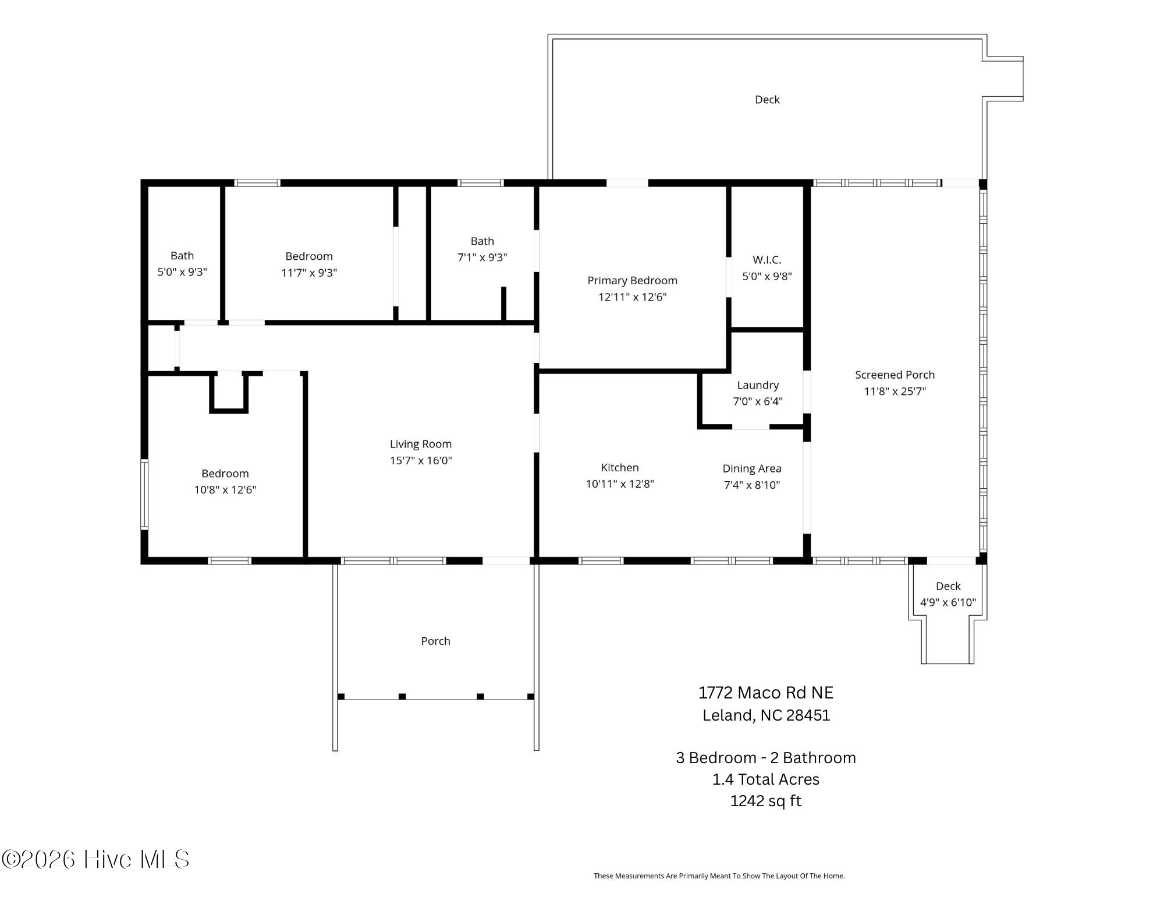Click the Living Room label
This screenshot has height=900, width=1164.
(420, 444)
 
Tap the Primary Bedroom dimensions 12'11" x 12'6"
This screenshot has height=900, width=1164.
(632, 297)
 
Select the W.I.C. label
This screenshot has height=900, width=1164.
(766, 260)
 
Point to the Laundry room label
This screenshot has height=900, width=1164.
(757, 385)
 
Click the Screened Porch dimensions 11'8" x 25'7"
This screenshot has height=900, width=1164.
(895, 391)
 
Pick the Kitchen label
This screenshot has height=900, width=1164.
(619, 468)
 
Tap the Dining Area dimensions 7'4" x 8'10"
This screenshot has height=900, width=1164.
(751, 485)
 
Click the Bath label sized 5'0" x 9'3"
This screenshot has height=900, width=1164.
(182, 256)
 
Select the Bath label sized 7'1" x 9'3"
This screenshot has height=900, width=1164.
(482, 241)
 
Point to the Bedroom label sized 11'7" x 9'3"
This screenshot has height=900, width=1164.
(308, 256)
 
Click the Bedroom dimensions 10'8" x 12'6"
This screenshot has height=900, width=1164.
(225, 490)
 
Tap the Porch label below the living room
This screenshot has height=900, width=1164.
(435, 641)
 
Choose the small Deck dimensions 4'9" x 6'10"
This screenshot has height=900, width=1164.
(947, 602)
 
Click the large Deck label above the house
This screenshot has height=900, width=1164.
(766, 100)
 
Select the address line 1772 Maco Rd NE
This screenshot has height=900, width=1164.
(765, 693)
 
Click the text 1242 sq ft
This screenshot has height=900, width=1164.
(765, 801)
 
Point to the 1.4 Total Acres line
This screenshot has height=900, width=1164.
(765, 779)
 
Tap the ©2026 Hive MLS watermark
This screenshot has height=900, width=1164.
(96, 859)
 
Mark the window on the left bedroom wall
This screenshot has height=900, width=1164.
(144, 494)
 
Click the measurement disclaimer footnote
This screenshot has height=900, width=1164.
(719, 876)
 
